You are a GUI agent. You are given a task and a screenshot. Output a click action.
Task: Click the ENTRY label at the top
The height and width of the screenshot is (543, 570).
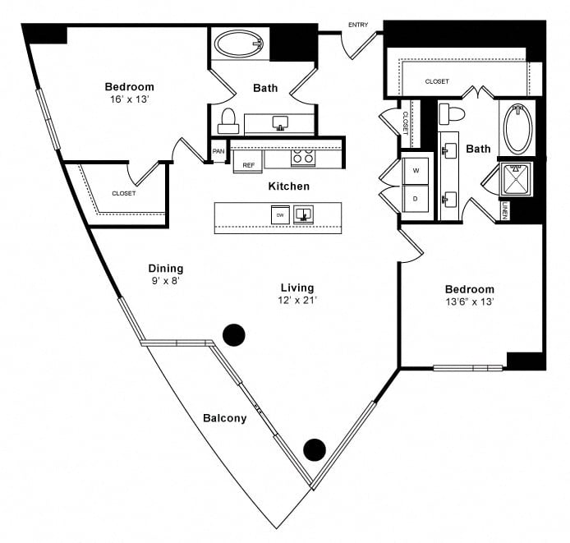(358, 25)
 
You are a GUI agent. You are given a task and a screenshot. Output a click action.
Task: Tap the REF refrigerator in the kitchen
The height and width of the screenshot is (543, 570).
(248, 161)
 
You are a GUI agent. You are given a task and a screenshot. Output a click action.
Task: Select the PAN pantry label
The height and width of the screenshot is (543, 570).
(218, 151)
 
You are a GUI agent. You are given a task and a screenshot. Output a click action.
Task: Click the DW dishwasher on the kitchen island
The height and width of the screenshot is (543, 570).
(280, 215)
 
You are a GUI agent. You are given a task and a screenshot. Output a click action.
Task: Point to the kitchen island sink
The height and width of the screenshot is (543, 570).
(303, 214)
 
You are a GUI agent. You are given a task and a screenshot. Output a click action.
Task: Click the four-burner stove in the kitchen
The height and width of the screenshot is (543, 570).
(303, 158)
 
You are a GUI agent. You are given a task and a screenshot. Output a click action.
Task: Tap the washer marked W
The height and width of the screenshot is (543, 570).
(416, 171)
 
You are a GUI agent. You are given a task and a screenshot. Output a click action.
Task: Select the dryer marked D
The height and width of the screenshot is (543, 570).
(416, 199)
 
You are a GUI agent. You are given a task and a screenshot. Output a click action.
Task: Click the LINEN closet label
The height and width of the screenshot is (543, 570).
(504, 210)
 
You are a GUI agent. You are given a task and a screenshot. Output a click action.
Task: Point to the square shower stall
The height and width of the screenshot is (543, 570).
(516, 179)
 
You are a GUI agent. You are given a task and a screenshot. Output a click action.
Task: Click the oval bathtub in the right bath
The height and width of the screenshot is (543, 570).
(518, 128)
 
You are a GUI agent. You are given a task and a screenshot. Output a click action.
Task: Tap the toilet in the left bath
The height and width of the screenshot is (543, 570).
(228, 121)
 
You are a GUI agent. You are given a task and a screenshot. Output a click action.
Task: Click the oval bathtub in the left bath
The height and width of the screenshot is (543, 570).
(238, 44)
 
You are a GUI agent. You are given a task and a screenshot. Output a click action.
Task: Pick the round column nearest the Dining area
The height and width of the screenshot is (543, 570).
(234, 334)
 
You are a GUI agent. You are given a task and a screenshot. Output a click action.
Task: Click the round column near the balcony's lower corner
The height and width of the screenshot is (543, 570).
(315, 450)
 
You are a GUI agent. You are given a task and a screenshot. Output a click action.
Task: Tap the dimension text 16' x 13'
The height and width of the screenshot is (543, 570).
(130, 99)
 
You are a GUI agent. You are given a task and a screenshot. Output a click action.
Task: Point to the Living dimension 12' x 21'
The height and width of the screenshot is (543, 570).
(297, 301)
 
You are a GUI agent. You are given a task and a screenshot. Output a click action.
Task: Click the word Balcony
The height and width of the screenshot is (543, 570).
(225, 418)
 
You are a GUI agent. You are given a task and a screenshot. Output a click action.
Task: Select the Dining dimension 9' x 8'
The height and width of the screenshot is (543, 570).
(166, 281)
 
